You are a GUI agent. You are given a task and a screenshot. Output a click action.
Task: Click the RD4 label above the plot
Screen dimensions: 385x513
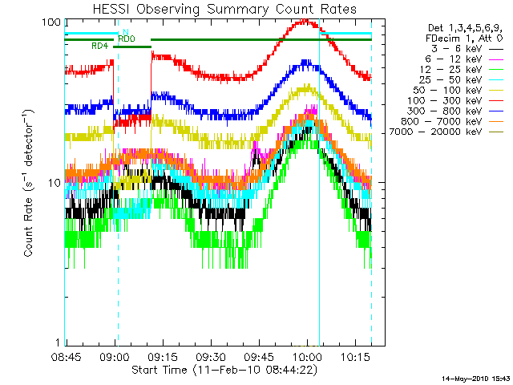100,47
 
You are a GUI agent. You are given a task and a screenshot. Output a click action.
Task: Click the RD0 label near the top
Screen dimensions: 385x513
126,38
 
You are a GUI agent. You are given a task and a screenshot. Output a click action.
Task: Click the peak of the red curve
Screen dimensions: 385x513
306,21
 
